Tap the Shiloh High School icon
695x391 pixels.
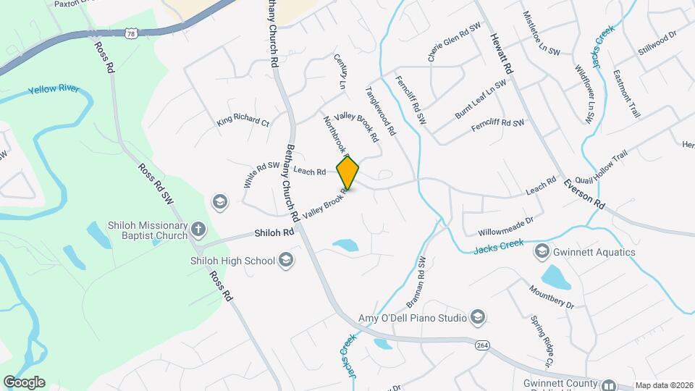[287, 261]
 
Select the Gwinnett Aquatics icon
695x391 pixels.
[541, 252]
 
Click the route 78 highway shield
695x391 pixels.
[130, 33]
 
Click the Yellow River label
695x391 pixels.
[54, 91]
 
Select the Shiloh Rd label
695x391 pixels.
[274, 233]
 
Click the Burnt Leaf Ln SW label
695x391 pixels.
[481, 99]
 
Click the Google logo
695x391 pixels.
[24, 382]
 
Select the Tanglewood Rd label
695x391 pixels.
[381, 112]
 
